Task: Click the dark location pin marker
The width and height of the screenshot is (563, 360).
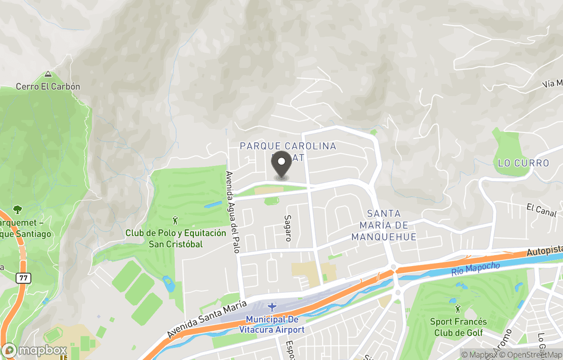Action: (282, 163)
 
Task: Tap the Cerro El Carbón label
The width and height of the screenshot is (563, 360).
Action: (48, 86)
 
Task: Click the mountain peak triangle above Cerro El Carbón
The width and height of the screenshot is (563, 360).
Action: (48, 75)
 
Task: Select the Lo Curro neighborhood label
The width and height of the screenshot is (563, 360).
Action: (523, 163)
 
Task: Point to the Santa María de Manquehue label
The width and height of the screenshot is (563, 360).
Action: (384, 225)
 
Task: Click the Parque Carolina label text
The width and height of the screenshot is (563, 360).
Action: (288, 146)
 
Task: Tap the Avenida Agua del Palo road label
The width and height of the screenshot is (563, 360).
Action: (232, 212)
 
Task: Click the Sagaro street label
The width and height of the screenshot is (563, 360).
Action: (287, 228)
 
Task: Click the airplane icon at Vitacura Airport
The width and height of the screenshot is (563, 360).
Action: (271, 307)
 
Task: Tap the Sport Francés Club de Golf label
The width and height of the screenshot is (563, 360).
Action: (458, 327)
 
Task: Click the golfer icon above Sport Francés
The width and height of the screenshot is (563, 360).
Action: (458, 309)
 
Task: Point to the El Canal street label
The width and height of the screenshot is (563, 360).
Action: (542, 210)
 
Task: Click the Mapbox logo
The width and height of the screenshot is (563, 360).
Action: (34, 350)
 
